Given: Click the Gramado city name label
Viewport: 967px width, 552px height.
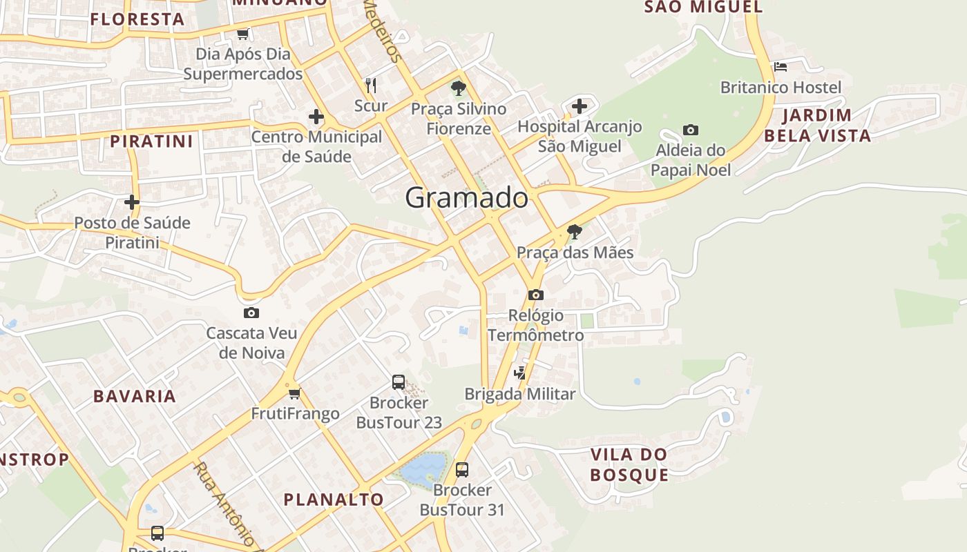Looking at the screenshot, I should [x=467, y=198].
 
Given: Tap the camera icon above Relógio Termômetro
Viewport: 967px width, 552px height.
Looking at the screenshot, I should [x=535, y=295].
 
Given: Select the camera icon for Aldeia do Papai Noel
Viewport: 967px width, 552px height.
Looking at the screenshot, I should [x=690, y=130].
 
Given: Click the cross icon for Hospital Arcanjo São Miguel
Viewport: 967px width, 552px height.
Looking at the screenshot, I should [x=580, y=106].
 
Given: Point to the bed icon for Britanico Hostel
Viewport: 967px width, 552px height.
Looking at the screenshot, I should [x=781, y=67].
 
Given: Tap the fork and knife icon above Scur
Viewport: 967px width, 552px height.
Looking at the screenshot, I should [x=371, y=85].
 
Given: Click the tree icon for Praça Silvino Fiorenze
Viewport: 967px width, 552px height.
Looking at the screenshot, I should [x=458, y=88].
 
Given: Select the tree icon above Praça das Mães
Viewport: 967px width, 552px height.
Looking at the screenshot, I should [x=574, y=232].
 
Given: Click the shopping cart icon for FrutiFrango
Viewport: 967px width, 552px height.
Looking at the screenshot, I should [x=295, y=393].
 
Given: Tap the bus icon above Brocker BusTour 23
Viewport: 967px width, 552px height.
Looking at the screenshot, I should [x=399, y=382].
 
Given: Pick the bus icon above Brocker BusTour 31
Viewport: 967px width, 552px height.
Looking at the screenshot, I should [x=462, y=470].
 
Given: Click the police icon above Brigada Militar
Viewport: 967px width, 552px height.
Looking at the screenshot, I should [x=520, y=373].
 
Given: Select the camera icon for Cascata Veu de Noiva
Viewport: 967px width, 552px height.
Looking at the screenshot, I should [x=251, y=313].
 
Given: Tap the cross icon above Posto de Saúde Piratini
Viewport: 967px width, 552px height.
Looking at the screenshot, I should [x=131, y=202].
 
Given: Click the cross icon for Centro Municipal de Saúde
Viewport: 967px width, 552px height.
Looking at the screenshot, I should [x=316, y=117].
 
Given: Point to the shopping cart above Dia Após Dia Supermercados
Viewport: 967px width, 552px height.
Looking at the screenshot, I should [x=242, y=34].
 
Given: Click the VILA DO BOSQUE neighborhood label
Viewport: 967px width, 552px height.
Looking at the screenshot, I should [x=629, y=464].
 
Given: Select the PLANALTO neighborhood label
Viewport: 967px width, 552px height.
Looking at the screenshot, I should [x=334, y=500].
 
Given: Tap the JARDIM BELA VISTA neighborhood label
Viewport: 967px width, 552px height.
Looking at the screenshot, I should [x=817, y=125].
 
